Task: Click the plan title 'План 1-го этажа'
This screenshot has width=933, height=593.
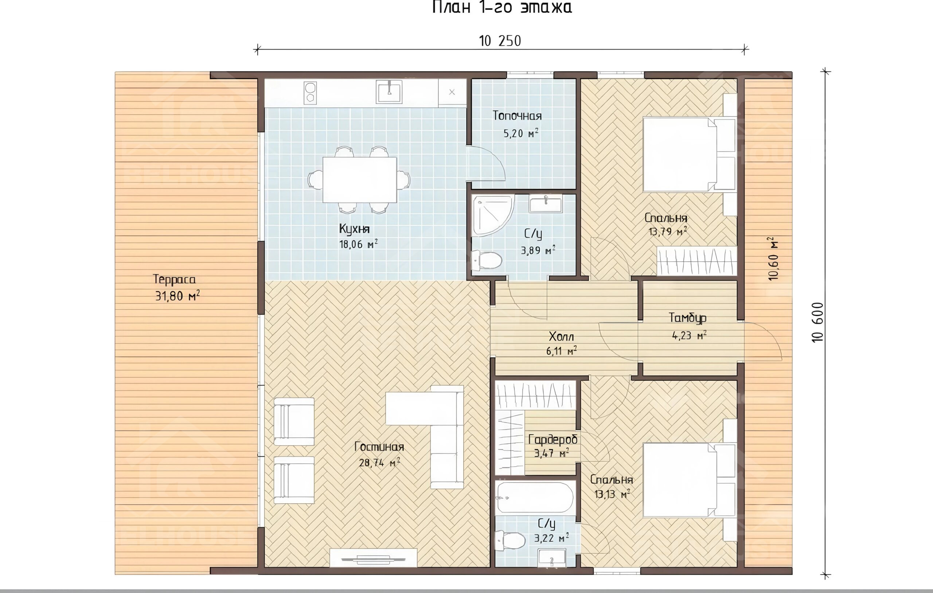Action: coord(502,7)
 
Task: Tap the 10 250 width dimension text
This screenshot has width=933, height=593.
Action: coord(500,41)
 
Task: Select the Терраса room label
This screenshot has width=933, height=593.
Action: coord(174,279)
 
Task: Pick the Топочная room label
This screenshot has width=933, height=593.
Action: coord(517,115)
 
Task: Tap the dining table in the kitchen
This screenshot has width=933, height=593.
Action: coord(360,180)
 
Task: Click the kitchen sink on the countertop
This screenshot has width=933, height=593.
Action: coord(389,92)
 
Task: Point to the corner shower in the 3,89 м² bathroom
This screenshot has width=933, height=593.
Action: coord(491,215)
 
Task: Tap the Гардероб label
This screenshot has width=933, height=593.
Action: coord(553,439)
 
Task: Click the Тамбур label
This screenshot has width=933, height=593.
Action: coord(688,318)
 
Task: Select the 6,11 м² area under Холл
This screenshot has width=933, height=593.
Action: coord(561,351)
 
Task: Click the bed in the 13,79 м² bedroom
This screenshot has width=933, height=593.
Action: coord(689,154)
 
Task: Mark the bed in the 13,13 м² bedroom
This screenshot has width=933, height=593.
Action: coord(689,480)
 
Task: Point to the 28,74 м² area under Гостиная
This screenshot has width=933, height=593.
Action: coord(379,463)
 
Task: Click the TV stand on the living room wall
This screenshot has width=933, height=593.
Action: coord(373,558)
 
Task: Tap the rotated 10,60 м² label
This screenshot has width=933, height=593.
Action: coord(773,258)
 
